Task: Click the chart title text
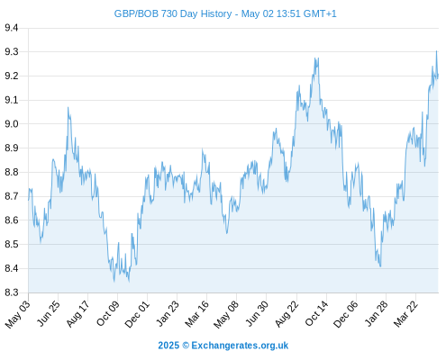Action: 225,13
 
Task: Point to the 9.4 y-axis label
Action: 12,28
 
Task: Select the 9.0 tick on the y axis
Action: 12,124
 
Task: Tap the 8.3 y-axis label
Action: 12,292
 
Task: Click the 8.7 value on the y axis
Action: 12,196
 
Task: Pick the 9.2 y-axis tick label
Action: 12,76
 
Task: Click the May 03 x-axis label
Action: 18,314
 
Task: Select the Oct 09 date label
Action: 108,313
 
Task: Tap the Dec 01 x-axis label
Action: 137,314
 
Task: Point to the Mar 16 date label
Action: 196,314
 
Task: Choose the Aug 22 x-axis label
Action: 287,314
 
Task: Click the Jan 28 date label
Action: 377,314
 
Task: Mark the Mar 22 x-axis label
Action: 405,314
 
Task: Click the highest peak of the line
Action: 436,51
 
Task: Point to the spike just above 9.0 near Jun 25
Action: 68,107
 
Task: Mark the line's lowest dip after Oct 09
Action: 129,282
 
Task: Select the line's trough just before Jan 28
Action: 380,266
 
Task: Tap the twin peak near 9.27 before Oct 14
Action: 316,58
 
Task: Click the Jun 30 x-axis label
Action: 257,314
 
